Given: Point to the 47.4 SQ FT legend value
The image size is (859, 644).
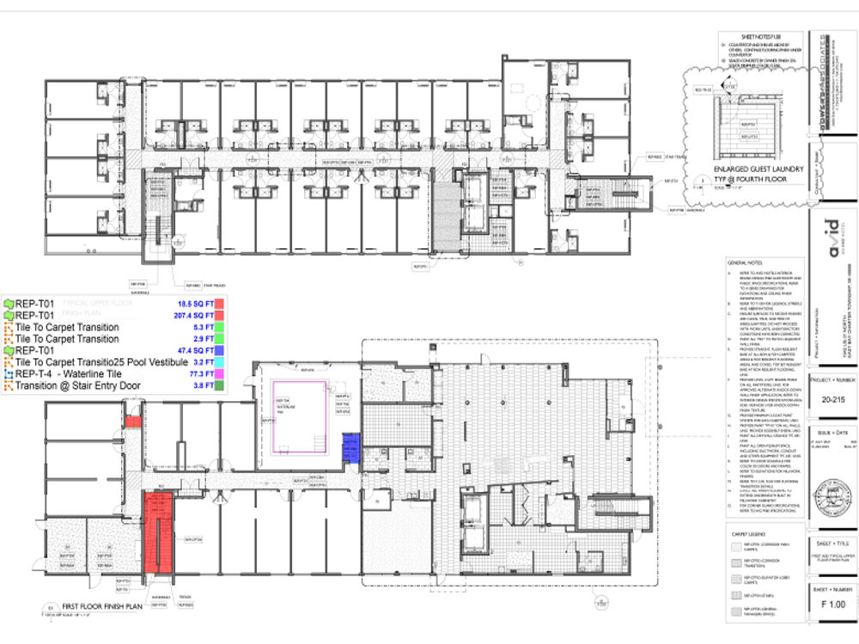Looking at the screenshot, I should (197, 351).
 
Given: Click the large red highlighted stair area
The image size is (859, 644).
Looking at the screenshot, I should (159, 532).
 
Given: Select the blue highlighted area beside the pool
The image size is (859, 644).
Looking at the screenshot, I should (350, 447).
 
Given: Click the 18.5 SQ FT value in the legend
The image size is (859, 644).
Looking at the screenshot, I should (197, 304).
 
